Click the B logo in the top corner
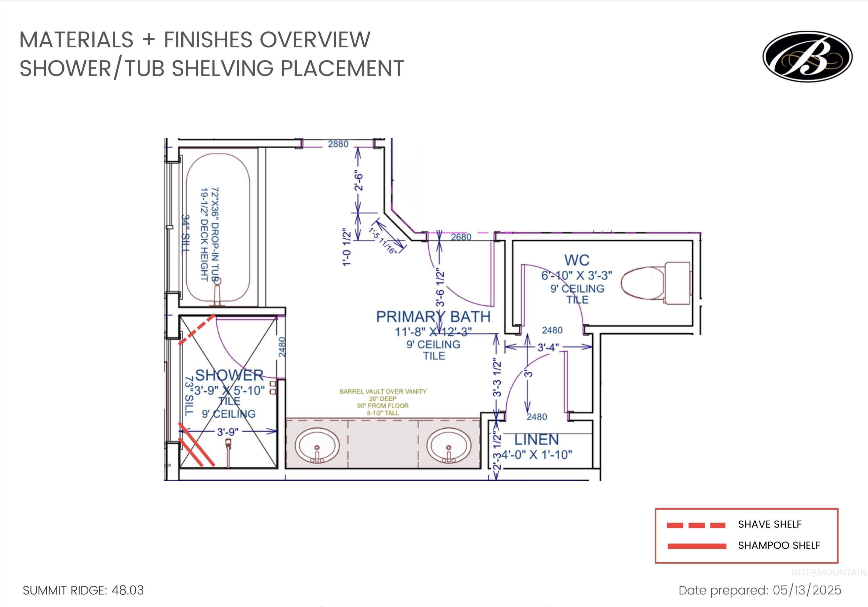(x=807, y=56)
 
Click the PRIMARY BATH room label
(x=433, y=316)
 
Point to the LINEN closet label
(x=536, y=440)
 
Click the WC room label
(x=576, y=260)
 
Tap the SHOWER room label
(x=229, y=375)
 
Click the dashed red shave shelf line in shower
(x=197, y=329)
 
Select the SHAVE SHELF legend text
(x=769, y=524)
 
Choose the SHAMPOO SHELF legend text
(x=779, y=545)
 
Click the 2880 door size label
(x=338, y=144)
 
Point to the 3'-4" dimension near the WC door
(x=548, y=347)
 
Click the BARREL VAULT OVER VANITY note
(x=383, y=392)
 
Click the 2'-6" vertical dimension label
(x=358, y=182)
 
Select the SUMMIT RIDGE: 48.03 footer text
(x=83, y=590)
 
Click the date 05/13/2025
(x=807, y=590)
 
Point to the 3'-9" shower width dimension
(x=228, y=432)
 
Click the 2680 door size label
(x=461, y=237)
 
